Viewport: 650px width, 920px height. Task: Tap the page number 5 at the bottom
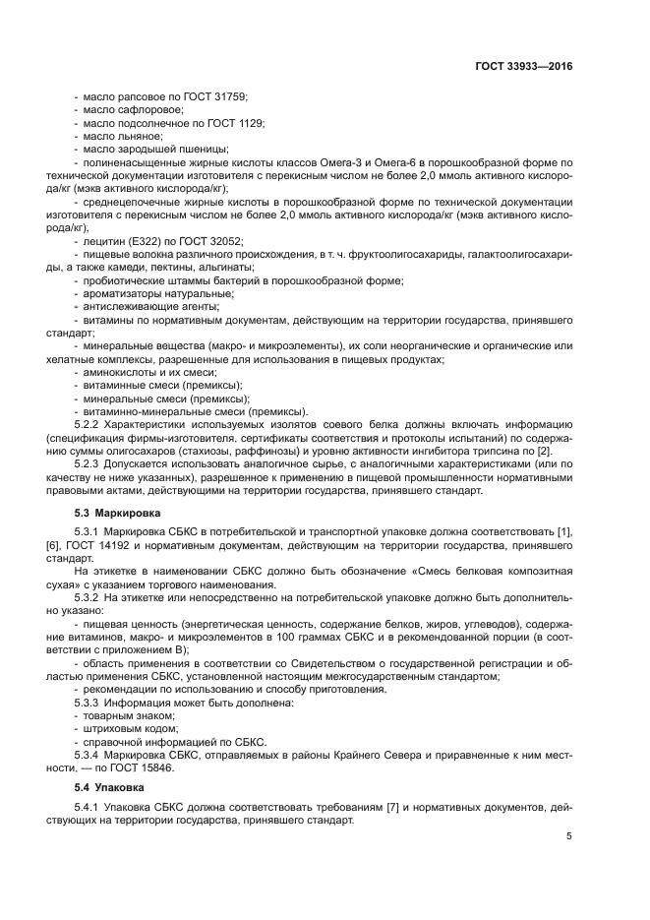(568, 836)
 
